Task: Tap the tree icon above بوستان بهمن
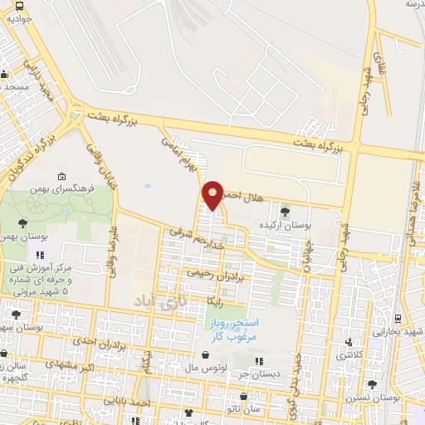point(22,222)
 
